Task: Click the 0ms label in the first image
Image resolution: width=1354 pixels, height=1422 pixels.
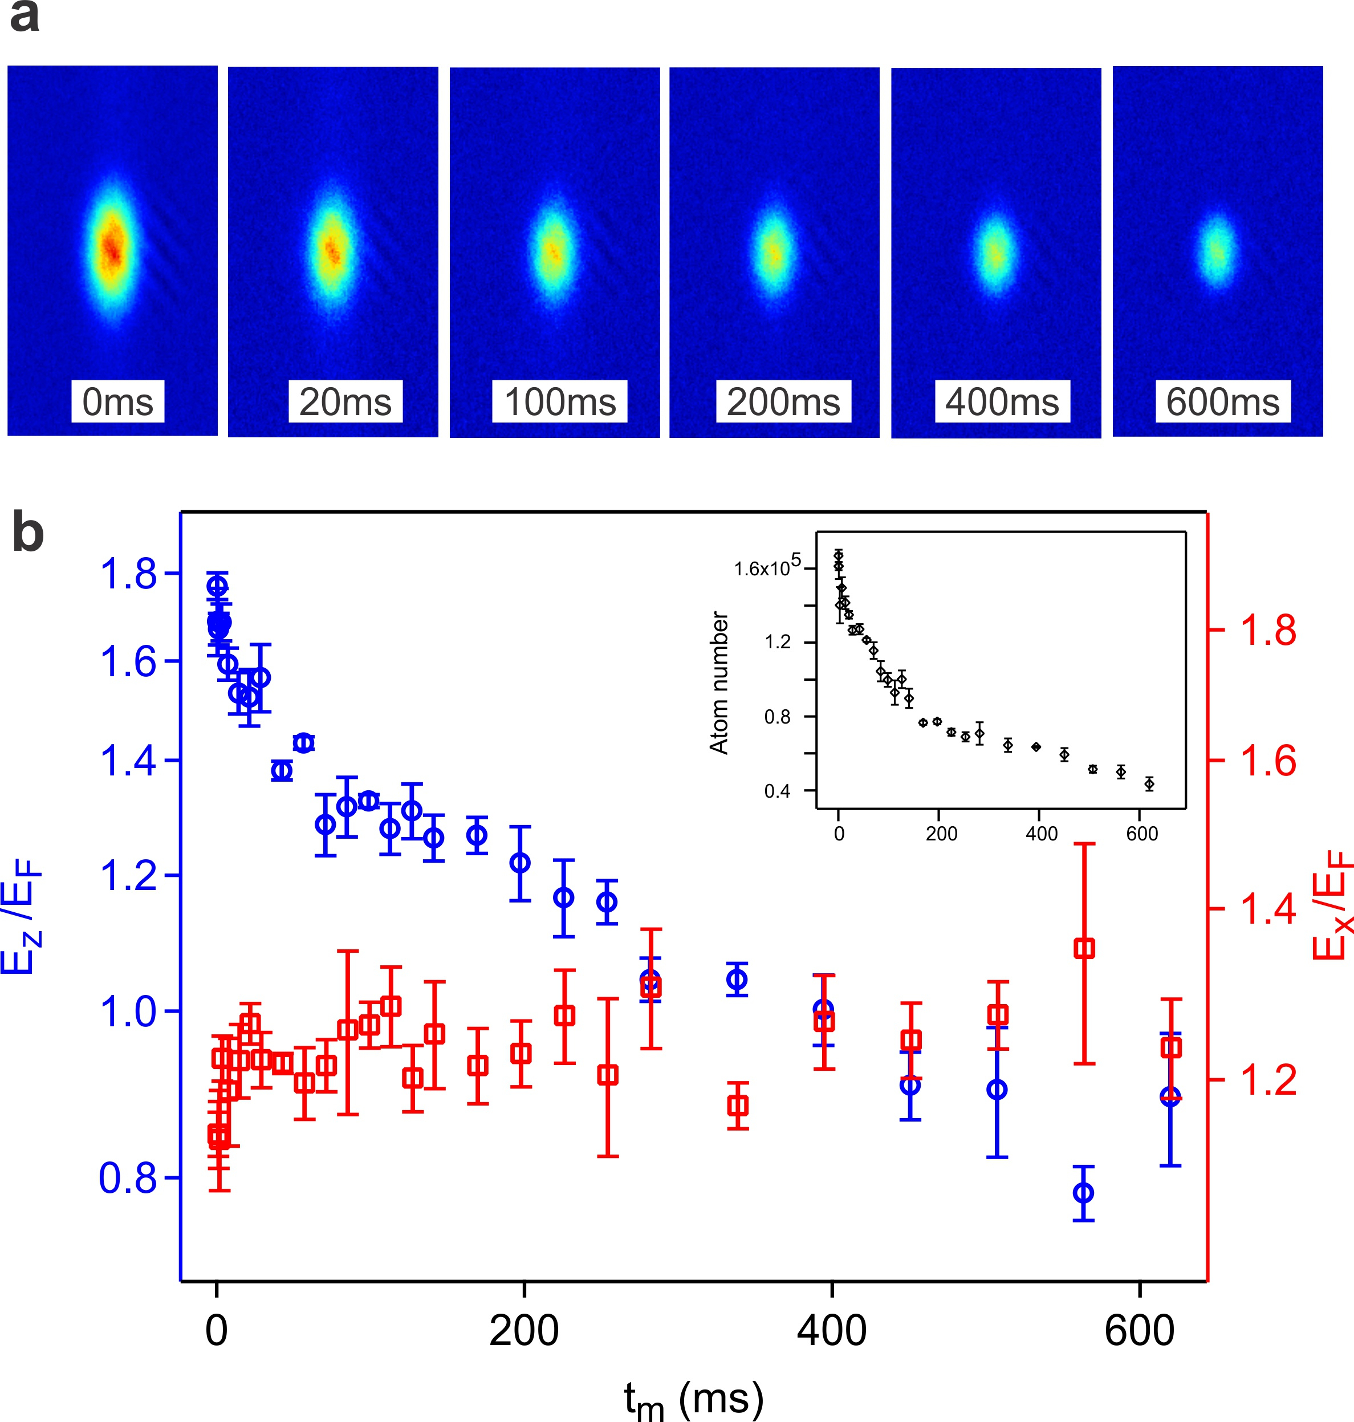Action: pyautogui.click(x=117, y=401)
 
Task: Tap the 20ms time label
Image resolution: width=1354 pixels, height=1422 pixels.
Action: pyautogui.click(x=345, y=401)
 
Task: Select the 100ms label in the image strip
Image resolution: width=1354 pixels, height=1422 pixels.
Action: pyautogui.click(x=559, y=401)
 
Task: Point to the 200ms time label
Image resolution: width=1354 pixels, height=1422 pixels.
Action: pyautogui.click(x=783, y=401)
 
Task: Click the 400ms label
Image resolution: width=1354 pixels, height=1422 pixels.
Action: pyautogui.click(x=1002, y=401)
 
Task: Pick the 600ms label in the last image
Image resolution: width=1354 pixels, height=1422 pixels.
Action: pyautogui.click(x=1223, y=401)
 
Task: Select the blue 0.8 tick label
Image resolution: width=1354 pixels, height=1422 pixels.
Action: pyautogui.click(x=128, y=1178)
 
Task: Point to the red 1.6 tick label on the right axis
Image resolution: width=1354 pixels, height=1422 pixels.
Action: pyautogui.click(x=1268, y=761)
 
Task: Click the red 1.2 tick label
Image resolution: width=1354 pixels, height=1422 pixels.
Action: pyautogui.click(x=1268, y=1080)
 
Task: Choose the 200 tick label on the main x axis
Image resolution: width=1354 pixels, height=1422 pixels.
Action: pyautogui.click(x=523, y=1330)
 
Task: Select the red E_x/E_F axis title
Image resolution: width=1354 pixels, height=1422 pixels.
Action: pyautogui.click(x=1330, y=906)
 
